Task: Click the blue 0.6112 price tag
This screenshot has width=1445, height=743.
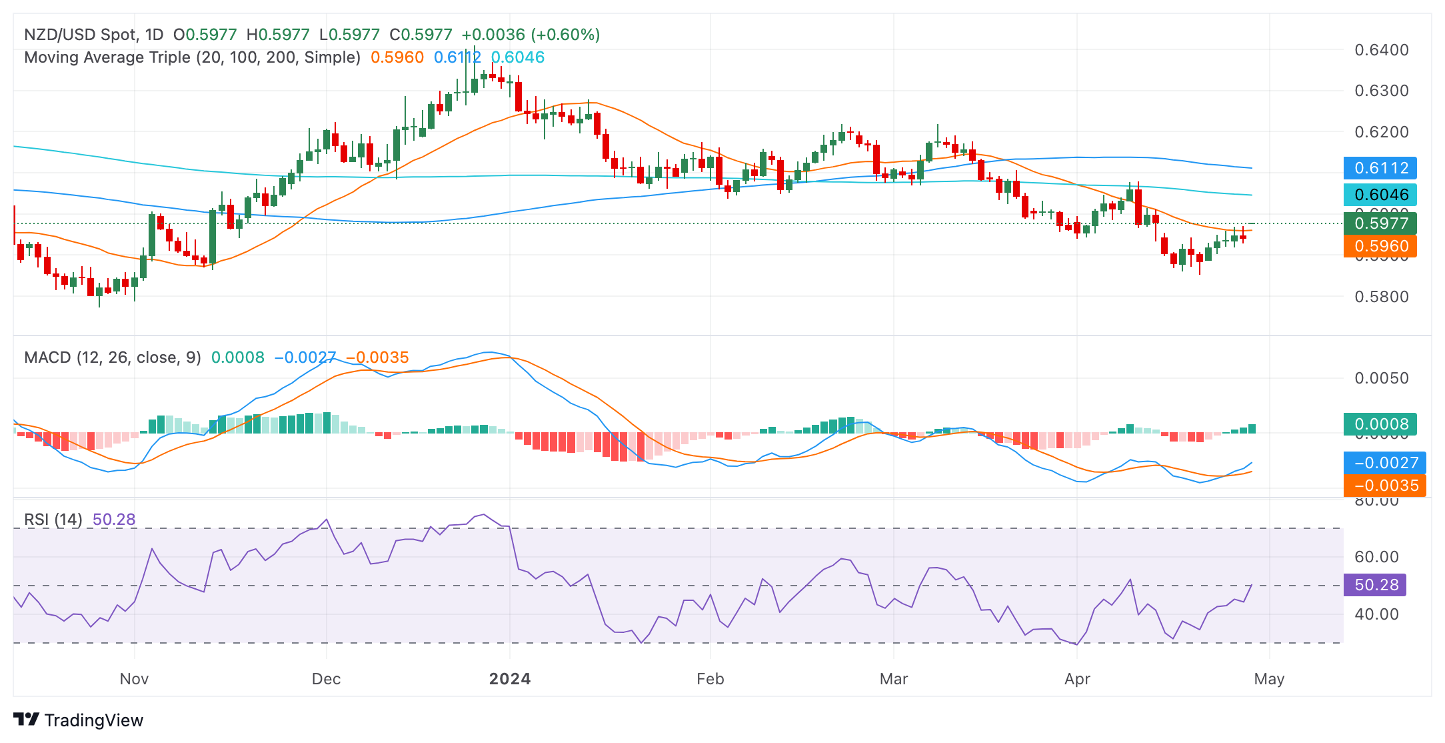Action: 1380,168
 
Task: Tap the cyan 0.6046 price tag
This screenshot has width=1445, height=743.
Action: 1380,195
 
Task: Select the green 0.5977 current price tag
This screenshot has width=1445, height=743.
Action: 1380,223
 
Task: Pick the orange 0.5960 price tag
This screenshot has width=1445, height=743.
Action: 1380,246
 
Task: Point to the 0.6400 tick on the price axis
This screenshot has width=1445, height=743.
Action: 1382,50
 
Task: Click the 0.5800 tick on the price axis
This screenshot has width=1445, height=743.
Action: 1382,297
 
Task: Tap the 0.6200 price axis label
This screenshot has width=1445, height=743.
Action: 1382,132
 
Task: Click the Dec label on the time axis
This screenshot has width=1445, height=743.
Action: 327,679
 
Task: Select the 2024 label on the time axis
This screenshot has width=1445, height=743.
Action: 510,679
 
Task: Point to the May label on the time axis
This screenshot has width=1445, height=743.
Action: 1269,679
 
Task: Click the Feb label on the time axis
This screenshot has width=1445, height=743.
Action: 710,679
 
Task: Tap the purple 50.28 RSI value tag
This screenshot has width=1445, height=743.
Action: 1376,585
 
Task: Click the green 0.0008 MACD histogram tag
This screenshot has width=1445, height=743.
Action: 1380,424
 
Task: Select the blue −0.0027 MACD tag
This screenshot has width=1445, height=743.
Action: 1384,463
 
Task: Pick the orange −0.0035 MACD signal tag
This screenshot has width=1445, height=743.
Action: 1384,486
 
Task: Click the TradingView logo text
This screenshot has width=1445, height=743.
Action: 93,720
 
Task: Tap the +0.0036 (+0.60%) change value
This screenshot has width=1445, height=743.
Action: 531,35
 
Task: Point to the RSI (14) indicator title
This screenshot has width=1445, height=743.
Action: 53,520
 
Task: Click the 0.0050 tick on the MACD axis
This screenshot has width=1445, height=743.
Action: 1382,378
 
